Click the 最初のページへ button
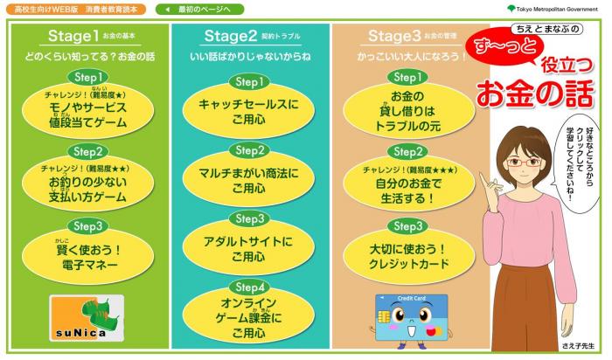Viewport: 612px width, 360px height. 199,10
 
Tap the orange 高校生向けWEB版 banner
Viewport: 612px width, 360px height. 76,10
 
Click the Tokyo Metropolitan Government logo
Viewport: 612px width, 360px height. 553,9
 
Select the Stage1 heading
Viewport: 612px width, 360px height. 73,36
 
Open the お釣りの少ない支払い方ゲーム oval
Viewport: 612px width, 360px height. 87,185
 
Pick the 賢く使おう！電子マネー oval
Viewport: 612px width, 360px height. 87,258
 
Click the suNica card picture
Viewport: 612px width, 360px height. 87,318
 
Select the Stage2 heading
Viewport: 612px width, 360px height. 230,36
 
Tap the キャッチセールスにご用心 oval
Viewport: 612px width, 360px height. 248,112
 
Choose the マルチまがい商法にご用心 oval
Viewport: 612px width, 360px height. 248,181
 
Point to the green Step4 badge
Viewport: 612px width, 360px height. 250,287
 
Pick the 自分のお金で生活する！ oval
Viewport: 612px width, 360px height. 408,186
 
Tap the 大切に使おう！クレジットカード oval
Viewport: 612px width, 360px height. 408,258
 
